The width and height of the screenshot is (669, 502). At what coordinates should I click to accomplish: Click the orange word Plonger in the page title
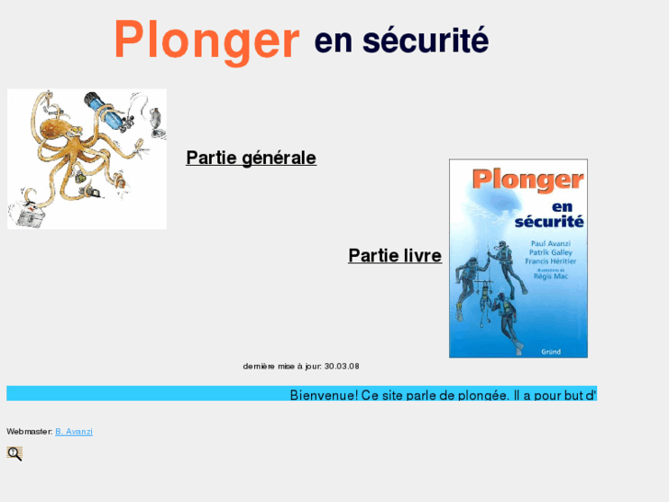point(206,41)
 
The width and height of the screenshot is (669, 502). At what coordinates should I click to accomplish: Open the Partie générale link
point(251,158)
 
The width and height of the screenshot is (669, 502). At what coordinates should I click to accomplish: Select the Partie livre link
point(395,255)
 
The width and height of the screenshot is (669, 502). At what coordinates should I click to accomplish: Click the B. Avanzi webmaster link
point(74,431)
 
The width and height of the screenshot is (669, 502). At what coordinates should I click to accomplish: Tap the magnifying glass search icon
point(15,453)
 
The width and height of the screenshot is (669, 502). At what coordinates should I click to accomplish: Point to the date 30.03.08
point(341,366)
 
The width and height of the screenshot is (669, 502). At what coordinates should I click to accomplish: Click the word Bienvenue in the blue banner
point(323,395)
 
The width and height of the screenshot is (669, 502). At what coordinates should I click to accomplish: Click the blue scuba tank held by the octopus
point(105,113)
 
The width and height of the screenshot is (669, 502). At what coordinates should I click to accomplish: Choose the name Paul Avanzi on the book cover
point(551,242)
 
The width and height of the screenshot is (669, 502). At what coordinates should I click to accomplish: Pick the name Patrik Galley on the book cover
point(550,251)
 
